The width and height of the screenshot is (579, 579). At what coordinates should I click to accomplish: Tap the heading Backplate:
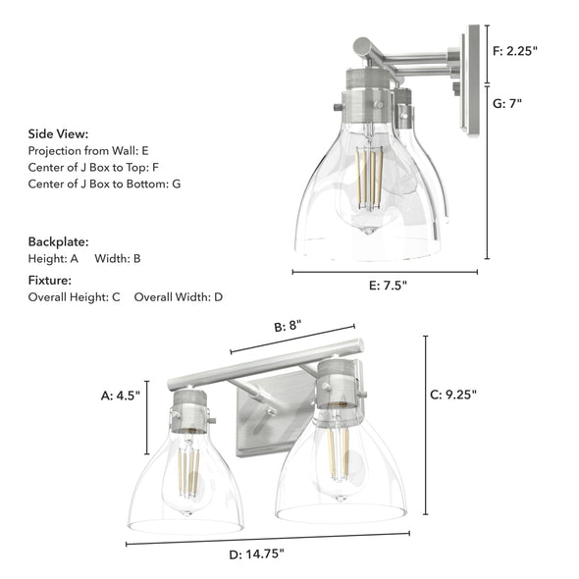click(x=58, y=240)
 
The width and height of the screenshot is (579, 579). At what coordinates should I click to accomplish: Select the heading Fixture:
click(x=49, y=280)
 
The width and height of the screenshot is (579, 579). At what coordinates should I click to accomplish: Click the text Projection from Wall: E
click(x=88, y=151)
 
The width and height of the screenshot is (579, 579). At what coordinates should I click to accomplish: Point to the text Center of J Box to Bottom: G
click(x=104, y=184)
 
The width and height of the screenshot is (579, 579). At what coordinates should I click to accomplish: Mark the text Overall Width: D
click(x=179, y=296)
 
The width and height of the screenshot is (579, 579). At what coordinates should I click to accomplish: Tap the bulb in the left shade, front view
click(x=188, y=471)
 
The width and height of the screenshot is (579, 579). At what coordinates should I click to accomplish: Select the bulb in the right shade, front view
click(x=338, y=454)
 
